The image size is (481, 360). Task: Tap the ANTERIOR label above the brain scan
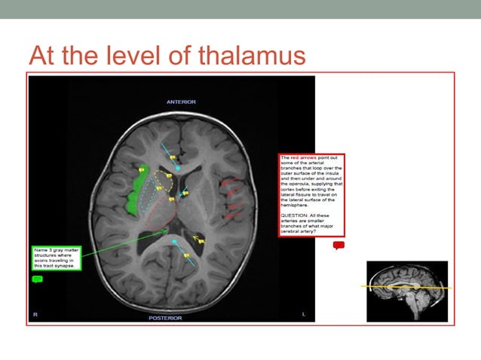pos(181,102)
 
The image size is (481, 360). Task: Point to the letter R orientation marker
pos(35,313)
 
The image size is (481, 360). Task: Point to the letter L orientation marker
pos(303,313)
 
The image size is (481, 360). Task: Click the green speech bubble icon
pos(38,279)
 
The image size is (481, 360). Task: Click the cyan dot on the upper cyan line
pos(178,165)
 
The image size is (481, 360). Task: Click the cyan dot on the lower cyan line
pos(174,243)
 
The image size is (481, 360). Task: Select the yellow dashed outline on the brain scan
pos(163,182)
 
